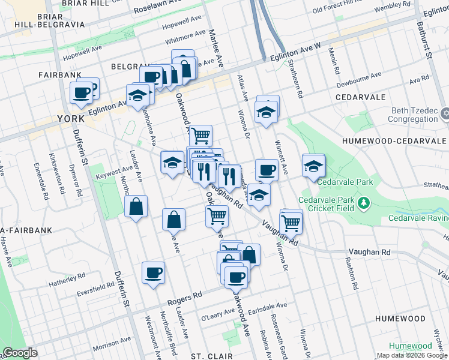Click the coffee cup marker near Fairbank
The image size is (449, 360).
pyautogui.click(x=81, y=93)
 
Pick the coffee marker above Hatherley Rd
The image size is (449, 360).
pyautogui.click(x=153, y=273)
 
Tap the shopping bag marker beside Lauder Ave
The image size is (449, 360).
pyautogui.click(x=137, y=207)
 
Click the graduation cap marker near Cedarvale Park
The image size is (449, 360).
pyautogui.click(x=313, y=166)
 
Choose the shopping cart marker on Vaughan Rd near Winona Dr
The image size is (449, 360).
pyautogui.click(x=291, y=222)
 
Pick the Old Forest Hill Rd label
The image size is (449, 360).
pyautogui.click(x=338, y=9)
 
